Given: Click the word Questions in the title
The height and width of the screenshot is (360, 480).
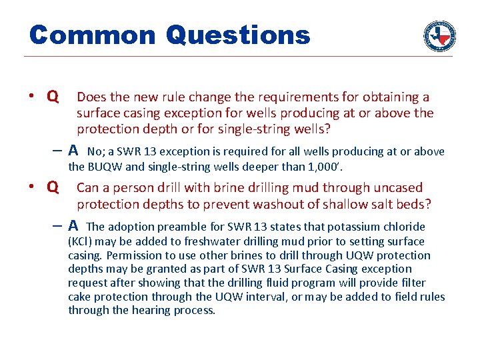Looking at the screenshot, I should (x=238, y=35).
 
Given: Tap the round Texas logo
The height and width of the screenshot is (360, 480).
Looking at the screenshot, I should (x=439, y=35).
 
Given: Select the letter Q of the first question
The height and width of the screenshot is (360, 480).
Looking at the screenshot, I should (x=52, y=97).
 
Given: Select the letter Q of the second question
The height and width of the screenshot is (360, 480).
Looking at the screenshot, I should (x=52, y=188).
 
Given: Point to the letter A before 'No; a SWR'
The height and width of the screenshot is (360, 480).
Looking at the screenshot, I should (x=73, y=151).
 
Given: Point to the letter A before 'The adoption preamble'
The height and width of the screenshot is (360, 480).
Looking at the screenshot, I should (x=73, y=226).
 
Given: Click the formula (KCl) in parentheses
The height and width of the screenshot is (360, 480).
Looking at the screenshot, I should (x=81, y=241).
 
